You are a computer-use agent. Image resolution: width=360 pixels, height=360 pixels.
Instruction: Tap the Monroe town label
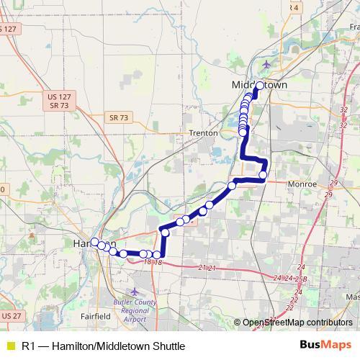pyautogui.click(x=303, y=184)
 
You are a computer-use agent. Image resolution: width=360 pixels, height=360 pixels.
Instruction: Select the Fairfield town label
pyautogui.click(x=95, y=315)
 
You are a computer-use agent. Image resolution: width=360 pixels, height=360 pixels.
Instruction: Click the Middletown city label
pyautogui.click(x=260, y=84)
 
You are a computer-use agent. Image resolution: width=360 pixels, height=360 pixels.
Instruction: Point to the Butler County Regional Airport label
pyautogui.click(x=134, y=310)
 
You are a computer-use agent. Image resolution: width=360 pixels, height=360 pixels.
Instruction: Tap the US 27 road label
pyautogui.click(x=11, y=315)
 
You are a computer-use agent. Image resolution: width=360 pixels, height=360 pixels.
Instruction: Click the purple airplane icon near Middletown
pyautogui.click(x=268, y=65)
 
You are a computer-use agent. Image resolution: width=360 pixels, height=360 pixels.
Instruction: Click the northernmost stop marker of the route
pyautogui.click(x=259, y=86)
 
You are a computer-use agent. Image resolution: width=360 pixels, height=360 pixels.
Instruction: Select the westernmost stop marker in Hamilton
pyautogui.click(x=94, y=242)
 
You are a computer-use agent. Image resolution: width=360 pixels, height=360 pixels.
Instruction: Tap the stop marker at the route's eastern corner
pyautogui.click(x=263, y=175)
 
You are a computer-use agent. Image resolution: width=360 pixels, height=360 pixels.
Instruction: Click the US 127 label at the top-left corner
pyautogui.click(x=8, y=29)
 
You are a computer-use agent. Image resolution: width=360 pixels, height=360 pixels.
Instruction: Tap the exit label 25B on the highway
pyautogui.click(x=301, y=278)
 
